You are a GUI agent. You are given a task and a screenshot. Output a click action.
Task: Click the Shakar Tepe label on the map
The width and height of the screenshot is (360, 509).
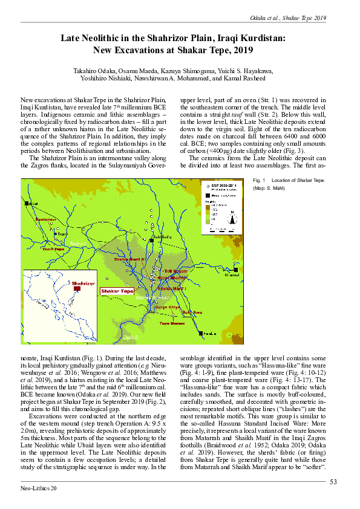click(x=117, y=291)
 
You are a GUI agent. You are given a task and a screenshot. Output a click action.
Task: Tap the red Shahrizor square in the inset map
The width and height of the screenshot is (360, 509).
click(x=77, y=289)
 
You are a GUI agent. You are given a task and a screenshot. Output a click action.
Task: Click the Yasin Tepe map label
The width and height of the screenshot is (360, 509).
click(x=53, y=248)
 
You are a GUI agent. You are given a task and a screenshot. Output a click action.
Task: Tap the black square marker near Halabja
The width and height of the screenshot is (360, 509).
click(x=200, y=333)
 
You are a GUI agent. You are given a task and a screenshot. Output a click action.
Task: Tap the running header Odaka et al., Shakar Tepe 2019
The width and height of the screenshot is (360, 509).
click(x=289, y=18)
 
